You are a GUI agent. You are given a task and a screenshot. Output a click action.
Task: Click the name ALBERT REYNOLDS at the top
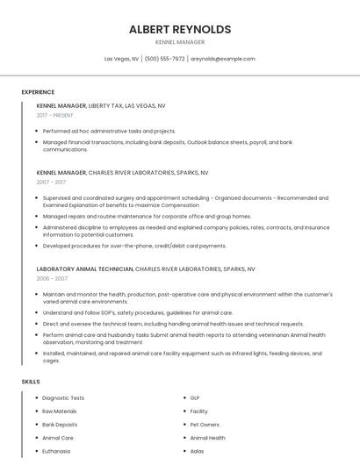click(180, 29)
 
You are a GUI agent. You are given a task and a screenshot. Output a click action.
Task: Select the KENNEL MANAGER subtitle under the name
click(180, 42)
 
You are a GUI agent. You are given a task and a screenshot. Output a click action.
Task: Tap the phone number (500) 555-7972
click(164, 59)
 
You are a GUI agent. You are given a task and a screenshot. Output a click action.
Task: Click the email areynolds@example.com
click(223, 59)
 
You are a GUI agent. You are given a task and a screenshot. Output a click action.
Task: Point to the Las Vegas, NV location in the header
click(121, 59)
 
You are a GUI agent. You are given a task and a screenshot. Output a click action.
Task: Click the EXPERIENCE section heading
click(38, 92)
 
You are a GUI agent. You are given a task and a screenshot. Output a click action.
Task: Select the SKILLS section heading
click(31, 382)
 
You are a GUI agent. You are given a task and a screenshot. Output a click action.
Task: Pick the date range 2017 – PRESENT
click(55, 115)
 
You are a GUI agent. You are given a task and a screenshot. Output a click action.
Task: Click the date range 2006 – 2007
click(52, 278)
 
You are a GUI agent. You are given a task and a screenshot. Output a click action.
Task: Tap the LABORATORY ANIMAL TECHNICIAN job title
click(84, 268)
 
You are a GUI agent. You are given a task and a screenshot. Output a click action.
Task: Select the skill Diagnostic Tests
click(63, 398)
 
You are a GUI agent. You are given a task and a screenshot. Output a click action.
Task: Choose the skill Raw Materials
click(60, 411)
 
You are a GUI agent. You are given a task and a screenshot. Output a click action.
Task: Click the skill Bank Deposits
click(60, 425)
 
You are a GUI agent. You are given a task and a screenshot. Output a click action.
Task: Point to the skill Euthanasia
click(56, 451)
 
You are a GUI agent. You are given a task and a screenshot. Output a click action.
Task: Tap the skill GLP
click(195, 398)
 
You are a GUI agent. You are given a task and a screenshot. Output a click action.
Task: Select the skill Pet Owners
click(205, 425)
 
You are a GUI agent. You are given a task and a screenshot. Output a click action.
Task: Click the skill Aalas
click(198, 451)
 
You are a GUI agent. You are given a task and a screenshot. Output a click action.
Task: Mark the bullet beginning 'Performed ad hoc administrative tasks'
click(109, 131)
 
